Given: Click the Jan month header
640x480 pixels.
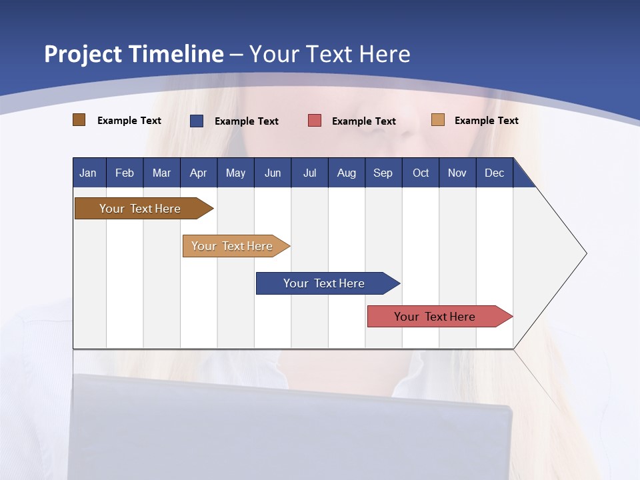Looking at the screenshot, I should [89, 173].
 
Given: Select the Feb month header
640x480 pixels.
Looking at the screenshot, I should [125, 173].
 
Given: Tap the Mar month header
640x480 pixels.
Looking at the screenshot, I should [161, 173].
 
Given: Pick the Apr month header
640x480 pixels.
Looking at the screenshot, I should [198, 173].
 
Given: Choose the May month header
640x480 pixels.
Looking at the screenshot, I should [235, 173].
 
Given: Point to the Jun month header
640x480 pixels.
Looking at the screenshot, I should [273, 173].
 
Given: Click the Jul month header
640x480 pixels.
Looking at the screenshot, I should [309, 173].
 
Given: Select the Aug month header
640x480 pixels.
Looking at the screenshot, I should [347, 173].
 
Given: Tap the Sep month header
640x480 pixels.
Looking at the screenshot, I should [383, 173].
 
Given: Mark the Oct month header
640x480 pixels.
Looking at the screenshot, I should [421, 173].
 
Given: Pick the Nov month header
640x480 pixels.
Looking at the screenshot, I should [457, 173].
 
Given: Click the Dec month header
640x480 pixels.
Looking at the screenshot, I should [495, 173].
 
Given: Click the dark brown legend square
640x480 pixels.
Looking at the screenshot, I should [79, 120].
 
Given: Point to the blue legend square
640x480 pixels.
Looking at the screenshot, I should [197, 121].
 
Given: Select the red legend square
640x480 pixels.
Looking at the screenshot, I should [315, 121].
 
